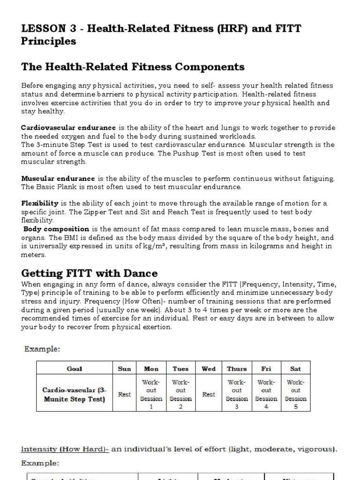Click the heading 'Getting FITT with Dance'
click(90, 273)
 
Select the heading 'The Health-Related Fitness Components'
click(133, 67)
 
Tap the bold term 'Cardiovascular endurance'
click(68, 127)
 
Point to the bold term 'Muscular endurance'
click(58, 179)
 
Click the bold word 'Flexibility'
click(40, 203)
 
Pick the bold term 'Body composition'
click(56, 229)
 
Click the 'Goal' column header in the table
click(75, 369)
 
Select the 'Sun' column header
click(124, 369)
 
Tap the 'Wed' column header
click(209, 369)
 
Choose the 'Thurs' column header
click(237, 369)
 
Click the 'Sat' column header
click(296, 369)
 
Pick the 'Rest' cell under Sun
click(124, 394)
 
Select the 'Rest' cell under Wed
click(209, 394)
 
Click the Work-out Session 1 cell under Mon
click(151, 394)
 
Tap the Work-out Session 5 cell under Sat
click(296, 394)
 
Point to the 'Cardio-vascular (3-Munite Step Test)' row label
click(75, 394)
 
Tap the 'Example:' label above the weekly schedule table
click(40, 349)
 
